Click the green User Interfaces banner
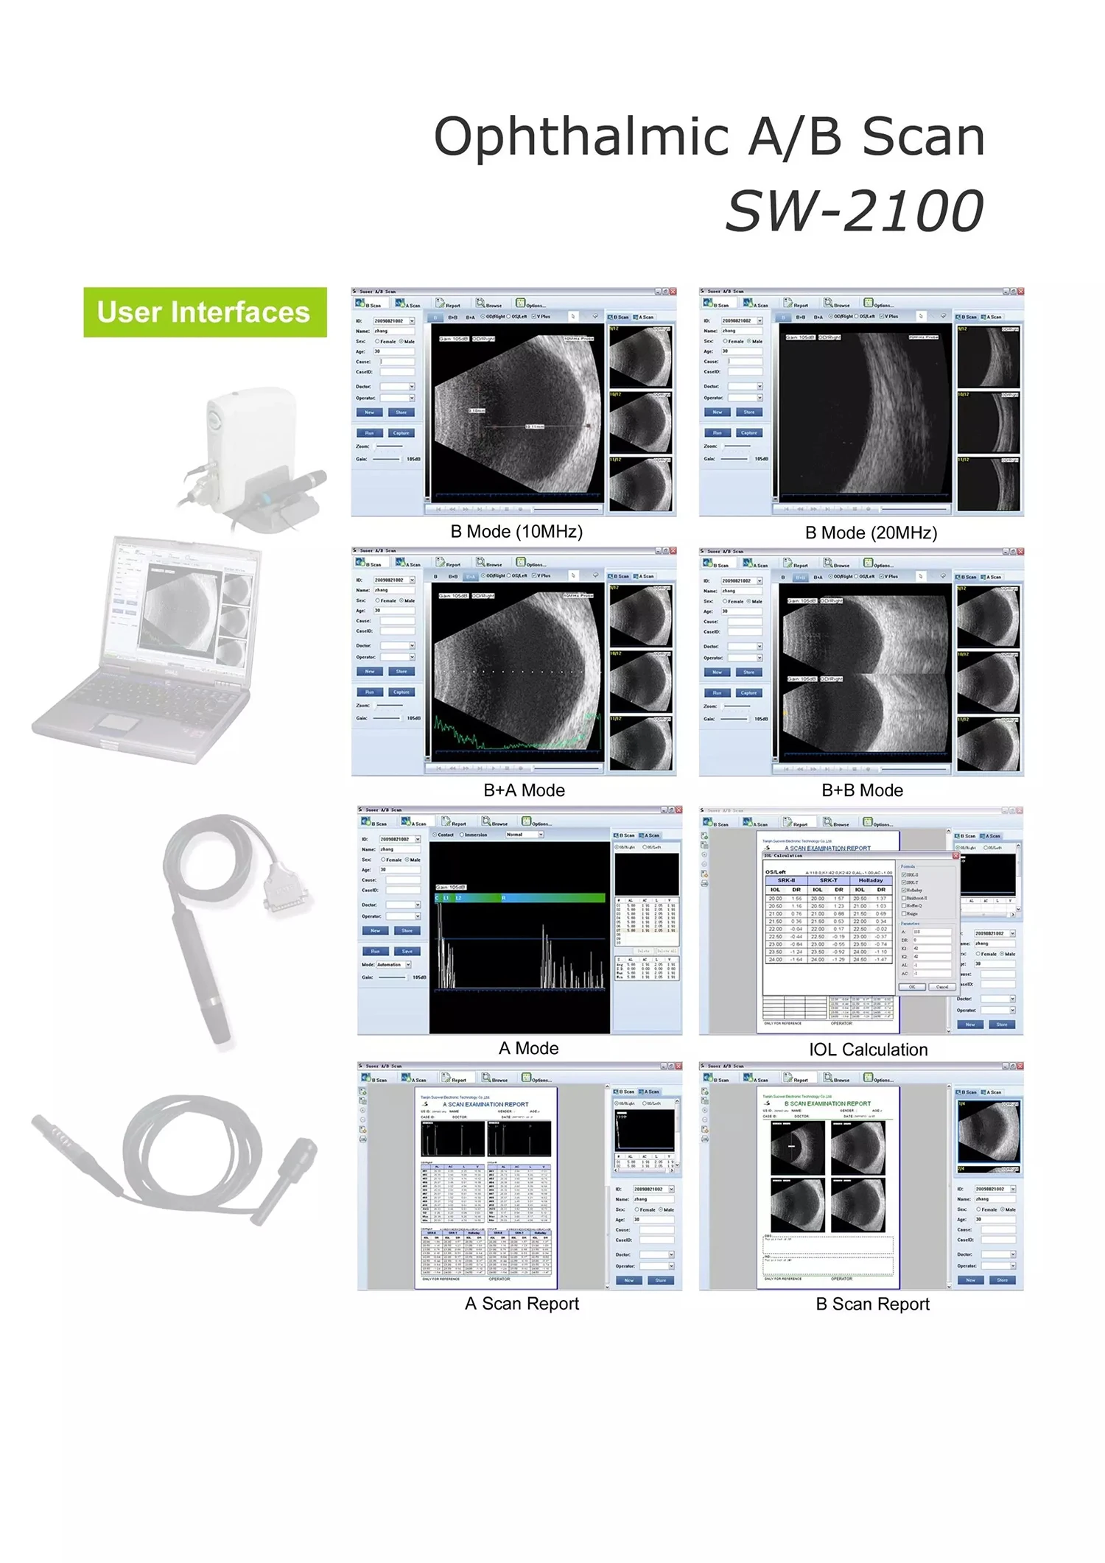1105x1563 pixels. [204, 312]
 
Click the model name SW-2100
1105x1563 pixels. [855, 211]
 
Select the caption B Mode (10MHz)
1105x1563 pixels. [516, 532]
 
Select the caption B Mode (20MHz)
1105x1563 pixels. [871, 533]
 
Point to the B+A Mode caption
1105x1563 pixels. [524, 790]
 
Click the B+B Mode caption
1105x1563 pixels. [862, 790]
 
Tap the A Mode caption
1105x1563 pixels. [528, 1048]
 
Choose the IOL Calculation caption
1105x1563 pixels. [868, 1050]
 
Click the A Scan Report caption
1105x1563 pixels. [522, 1304]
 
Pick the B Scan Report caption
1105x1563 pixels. [872, 1304]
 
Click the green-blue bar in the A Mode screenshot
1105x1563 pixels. [520, 898]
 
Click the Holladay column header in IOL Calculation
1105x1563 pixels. [870, 880]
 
